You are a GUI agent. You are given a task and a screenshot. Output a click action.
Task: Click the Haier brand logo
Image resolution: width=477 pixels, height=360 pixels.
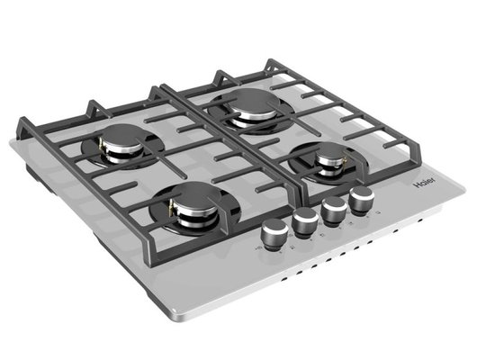tap(424, 183)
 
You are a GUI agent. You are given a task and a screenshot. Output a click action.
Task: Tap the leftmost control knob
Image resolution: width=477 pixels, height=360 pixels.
tap(274, 233)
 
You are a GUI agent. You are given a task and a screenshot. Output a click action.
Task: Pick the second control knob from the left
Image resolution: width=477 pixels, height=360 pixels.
tap(305, 221)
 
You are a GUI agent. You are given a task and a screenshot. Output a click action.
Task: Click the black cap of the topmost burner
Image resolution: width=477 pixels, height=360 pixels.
tap(253, 100)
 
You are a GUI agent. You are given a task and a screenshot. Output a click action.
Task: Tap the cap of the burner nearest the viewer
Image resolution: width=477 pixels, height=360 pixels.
tap(194, 194)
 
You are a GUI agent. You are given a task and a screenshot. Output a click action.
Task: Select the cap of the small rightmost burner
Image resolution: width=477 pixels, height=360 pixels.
tap(331, 151)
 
